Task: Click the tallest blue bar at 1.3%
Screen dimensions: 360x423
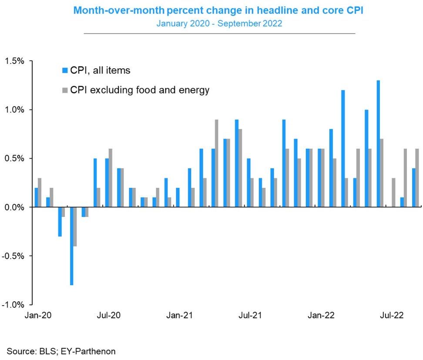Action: click(x=378, y=143)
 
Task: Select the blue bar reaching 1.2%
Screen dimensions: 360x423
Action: click(x=343, y=148)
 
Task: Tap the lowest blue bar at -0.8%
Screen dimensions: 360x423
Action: click(x=72, y=246)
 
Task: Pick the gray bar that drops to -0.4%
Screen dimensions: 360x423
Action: click(x=75, y=227)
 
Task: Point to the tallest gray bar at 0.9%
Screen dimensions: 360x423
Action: click(x=216, y=163)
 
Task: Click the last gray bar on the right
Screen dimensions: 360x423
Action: click(x=417, y=178)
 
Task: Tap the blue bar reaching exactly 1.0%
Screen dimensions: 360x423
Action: click(x=366, y=158)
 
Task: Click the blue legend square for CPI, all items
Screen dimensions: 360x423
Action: click(x=65, y=70)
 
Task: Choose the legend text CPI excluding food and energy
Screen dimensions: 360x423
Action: click(x=140, y=90)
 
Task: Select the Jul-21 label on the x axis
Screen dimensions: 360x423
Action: click(x=250, y=315)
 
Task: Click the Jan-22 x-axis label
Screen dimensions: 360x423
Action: click(x=321, y=315)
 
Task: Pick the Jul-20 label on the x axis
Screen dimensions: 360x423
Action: click(x=109, y=315)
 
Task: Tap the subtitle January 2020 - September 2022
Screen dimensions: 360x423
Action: click(x=219, y=23)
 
